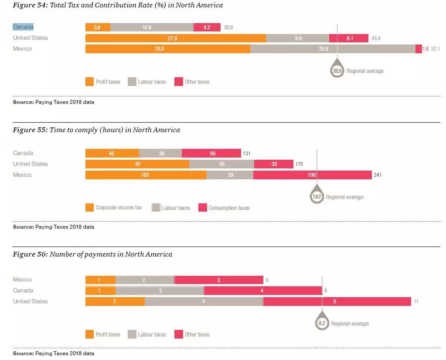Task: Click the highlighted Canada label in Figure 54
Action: point(23,27)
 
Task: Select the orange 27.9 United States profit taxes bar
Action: point(175,38)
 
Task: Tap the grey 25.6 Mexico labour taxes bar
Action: point(333,49)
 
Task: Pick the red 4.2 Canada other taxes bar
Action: point(207,27)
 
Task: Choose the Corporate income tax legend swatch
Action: point(90,208)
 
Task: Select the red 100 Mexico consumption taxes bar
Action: point(312,175)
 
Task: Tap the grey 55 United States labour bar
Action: point(221,164)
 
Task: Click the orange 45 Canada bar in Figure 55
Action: point(112,153)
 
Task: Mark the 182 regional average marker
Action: point(317,197)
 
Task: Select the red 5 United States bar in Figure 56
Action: point(337,302)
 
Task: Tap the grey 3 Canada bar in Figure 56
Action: point(160,291)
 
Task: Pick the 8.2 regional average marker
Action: point(322,323)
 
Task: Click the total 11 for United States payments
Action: point(416,302)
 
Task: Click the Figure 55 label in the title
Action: point(30,130)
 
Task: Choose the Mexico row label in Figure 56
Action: point(22,280)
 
